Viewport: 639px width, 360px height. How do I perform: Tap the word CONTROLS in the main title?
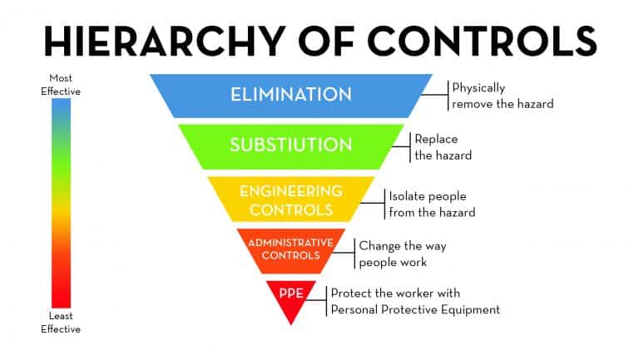(482, 41)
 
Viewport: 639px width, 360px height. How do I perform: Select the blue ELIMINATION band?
(291, 96)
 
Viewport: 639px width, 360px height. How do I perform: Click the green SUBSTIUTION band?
(291, 146)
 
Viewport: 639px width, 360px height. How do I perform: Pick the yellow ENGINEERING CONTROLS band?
(291, 200)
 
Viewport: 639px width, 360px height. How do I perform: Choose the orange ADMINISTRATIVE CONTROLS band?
(291, 250)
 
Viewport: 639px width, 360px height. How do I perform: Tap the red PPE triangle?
(291, 299)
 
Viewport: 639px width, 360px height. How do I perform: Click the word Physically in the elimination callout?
(479, 88)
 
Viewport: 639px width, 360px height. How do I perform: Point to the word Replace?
(436, 140)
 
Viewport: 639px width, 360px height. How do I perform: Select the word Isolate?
(408, 196)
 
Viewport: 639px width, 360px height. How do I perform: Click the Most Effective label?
(61, 85)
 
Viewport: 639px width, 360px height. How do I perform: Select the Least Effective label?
(61, 323)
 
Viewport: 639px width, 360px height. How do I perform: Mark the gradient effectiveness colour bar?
(61, 203)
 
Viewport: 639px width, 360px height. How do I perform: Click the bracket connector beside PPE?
(317, 301)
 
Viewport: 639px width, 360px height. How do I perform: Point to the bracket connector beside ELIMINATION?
(435, 96)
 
